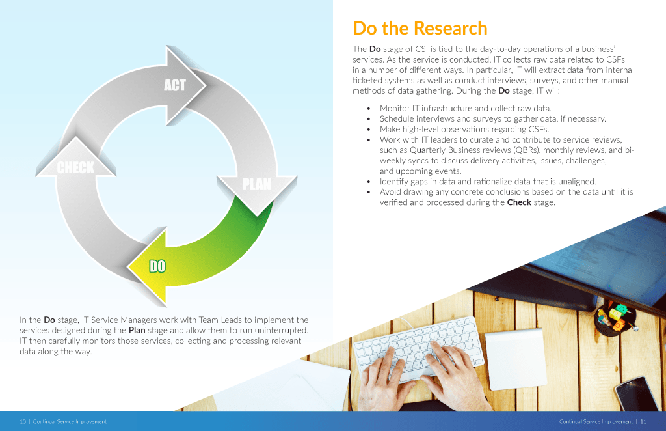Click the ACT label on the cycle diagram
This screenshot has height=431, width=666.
point(175,85)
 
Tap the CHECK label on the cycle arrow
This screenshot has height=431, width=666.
point(75,168)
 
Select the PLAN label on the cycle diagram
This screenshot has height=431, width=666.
point(256,184)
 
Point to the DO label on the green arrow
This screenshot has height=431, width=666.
point(157,266)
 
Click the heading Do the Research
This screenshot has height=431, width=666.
point(420,29)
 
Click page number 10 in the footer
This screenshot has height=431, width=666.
point(23,422)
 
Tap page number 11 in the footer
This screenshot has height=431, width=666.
point(643,422)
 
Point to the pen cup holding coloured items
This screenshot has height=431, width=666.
point(615,319)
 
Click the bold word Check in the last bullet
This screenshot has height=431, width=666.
point(519,202)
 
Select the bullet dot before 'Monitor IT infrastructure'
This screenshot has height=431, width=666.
point(369,109)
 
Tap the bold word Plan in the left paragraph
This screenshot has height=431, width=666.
point(137,330)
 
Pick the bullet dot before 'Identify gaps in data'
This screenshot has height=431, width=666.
point(369,182)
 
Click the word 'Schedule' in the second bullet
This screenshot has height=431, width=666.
point(397,119)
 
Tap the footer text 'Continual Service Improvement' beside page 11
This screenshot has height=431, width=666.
point(596,422)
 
